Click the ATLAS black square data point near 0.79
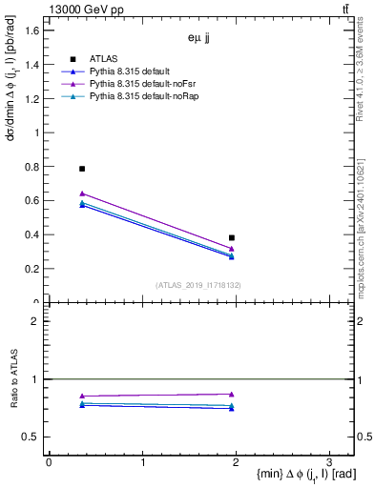coord(82,169)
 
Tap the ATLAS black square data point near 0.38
coord(232,237)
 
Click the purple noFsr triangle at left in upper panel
coord(82,193)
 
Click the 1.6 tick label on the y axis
coord(31,30)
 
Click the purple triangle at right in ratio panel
coord(232,394)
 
